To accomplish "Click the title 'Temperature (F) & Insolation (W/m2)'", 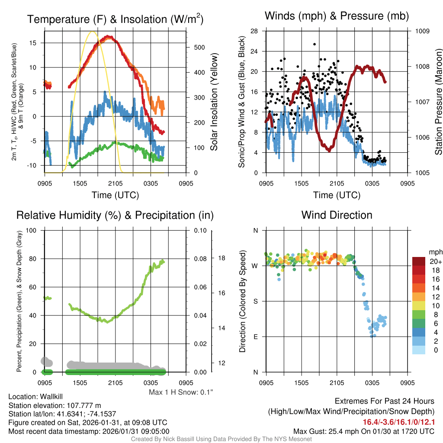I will (x=115, y=19).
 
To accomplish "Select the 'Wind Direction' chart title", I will (x=337, y=215).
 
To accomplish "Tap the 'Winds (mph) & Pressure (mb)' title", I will (x=337, y=16).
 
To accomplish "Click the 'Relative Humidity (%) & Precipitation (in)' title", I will (x=115, y=215).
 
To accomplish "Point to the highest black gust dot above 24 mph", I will (x=315, y=44).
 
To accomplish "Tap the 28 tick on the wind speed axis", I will (x=254, y=31).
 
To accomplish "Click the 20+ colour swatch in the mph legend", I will (x=420, y=262).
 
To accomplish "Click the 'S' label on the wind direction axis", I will (x=255, y=301).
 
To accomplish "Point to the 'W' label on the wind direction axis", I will (x=255, y=266).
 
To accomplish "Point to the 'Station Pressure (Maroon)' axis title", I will (x=438, y=102).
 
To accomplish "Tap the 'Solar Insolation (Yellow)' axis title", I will (x=214, y=102).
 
